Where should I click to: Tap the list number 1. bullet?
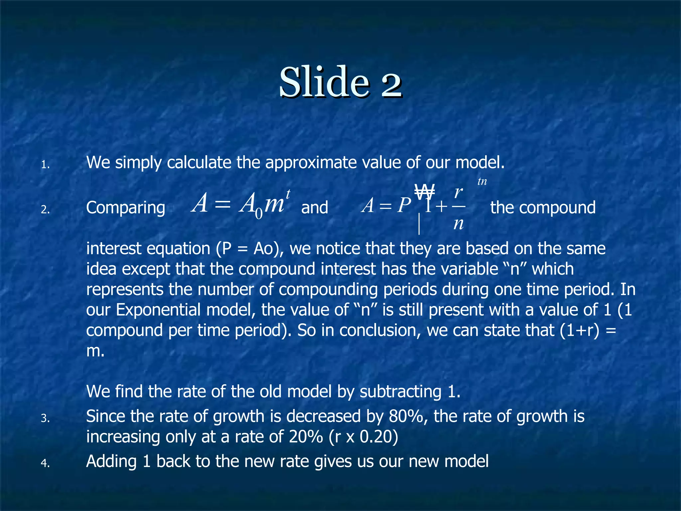click(45, 165)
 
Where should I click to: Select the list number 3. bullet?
click(45, 419)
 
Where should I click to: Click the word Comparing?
click(126, 208)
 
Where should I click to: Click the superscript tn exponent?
click(482, 182)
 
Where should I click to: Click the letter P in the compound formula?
click(404, 206)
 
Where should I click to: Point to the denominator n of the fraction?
click(459, 224)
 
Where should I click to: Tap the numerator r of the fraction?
click(459, 192)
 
